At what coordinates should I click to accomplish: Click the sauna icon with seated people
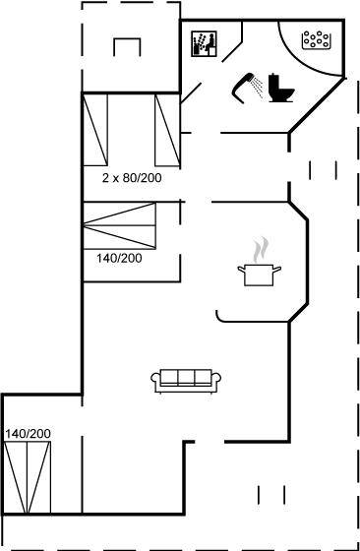coord(204,43)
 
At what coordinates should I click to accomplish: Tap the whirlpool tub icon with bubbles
coord(317,39)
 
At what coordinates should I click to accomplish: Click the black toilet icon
coord(281,88)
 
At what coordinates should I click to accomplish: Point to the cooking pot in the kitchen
coord(260,275)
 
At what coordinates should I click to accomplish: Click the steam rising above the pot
coord(261,250)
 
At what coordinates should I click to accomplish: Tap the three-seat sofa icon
coord(186,381)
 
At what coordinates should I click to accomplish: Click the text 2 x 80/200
coord(132,178)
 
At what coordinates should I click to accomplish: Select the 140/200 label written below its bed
coord(119,259)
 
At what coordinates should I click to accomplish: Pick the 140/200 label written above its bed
coord(28,434)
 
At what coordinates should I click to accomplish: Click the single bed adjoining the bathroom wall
coord(167,130)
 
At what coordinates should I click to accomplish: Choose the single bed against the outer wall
coord(94,130)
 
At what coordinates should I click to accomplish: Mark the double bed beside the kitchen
coord(119,226)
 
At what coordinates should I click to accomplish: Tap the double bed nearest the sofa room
coord(28,477)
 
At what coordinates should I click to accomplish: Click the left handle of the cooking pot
coord(241,270)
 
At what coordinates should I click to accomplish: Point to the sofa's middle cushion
coord(186,378)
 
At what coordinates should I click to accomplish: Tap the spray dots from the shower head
coord(259,87)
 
